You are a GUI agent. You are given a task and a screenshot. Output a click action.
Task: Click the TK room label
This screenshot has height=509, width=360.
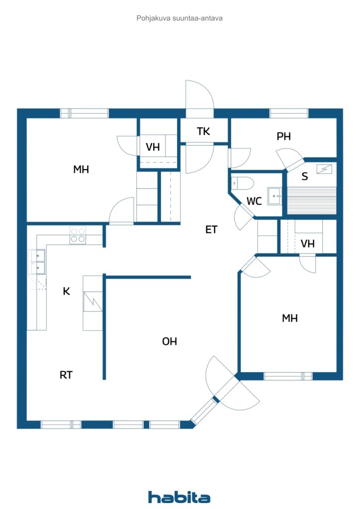pyautogui.click(x=203, y=131)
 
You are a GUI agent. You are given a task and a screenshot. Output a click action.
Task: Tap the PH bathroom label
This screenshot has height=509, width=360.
pyautogui.click(x=283, y=136)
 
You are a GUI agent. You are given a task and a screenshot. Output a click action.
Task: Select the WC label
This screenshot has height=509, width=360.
pyautogui.click(x=254, y=201)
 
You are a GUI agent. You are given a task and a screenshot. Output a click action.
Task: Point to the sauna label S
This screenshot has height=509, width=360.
pyautogui.click(x=304, y=176)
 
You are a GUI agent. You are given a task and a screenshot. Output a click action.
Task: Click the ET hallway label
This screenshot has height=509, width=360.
pyautogui.click(x=211, y=230)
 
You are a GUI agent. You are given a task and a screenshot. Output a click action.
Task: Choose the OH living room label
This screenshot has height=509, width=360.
pyautogui.click(x=170, y=341)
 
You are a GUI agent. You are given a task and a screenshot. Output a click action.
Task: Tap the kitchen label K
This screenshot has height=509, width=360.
pyautogui.click(x=66, y=291)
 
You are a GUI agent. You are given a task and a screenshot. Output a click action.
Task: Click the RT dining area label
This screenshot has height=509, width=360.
pyautogui.click(x=66, y=375)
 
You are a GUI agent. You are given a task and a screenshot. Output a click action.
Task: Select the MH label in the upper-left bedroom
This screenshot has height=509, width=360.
pyautogui.click(x=81, y=169)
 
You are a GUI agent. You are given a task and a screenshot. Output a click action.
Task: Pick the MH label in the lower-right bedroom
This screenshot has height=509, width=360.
pyautogui.click(x=289, y=318)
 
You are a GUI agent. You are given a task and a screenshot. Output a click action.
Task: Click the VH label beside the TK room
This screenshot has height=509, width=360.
pyautogui.click(x=153, y=147)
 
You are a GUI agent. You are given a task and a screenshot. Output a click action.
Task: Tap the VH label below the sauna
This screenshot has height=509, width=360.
pyautogui.click(x=307, y=244)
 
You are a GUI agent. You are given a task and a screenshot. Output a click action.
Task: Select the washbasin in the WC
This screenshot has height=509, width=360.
pyautogui.click(x=274, y=196)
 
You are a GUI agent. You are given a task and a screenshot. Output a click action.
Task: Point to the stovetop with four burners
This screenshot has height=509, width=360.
pyautogui.click(x=78, y=235)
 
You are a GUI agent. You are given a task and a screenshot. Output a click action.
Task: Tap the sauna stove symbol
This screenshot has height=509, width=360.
pyautogui.click(x=324, y=169)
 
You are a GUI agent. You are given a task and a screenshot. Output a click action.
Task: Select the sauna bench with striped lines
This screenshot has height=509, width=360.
pyautogui.click(x=312, y=200)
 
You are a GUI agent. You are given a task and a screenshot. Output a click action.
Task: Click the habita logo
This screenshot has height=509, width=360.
pyautogui.click(x=179, y=497)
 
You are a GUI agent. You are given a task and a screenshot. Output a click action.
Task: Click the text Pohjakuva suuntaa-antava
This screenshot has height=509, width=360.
pyautogui.click(x=180, y=18)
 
